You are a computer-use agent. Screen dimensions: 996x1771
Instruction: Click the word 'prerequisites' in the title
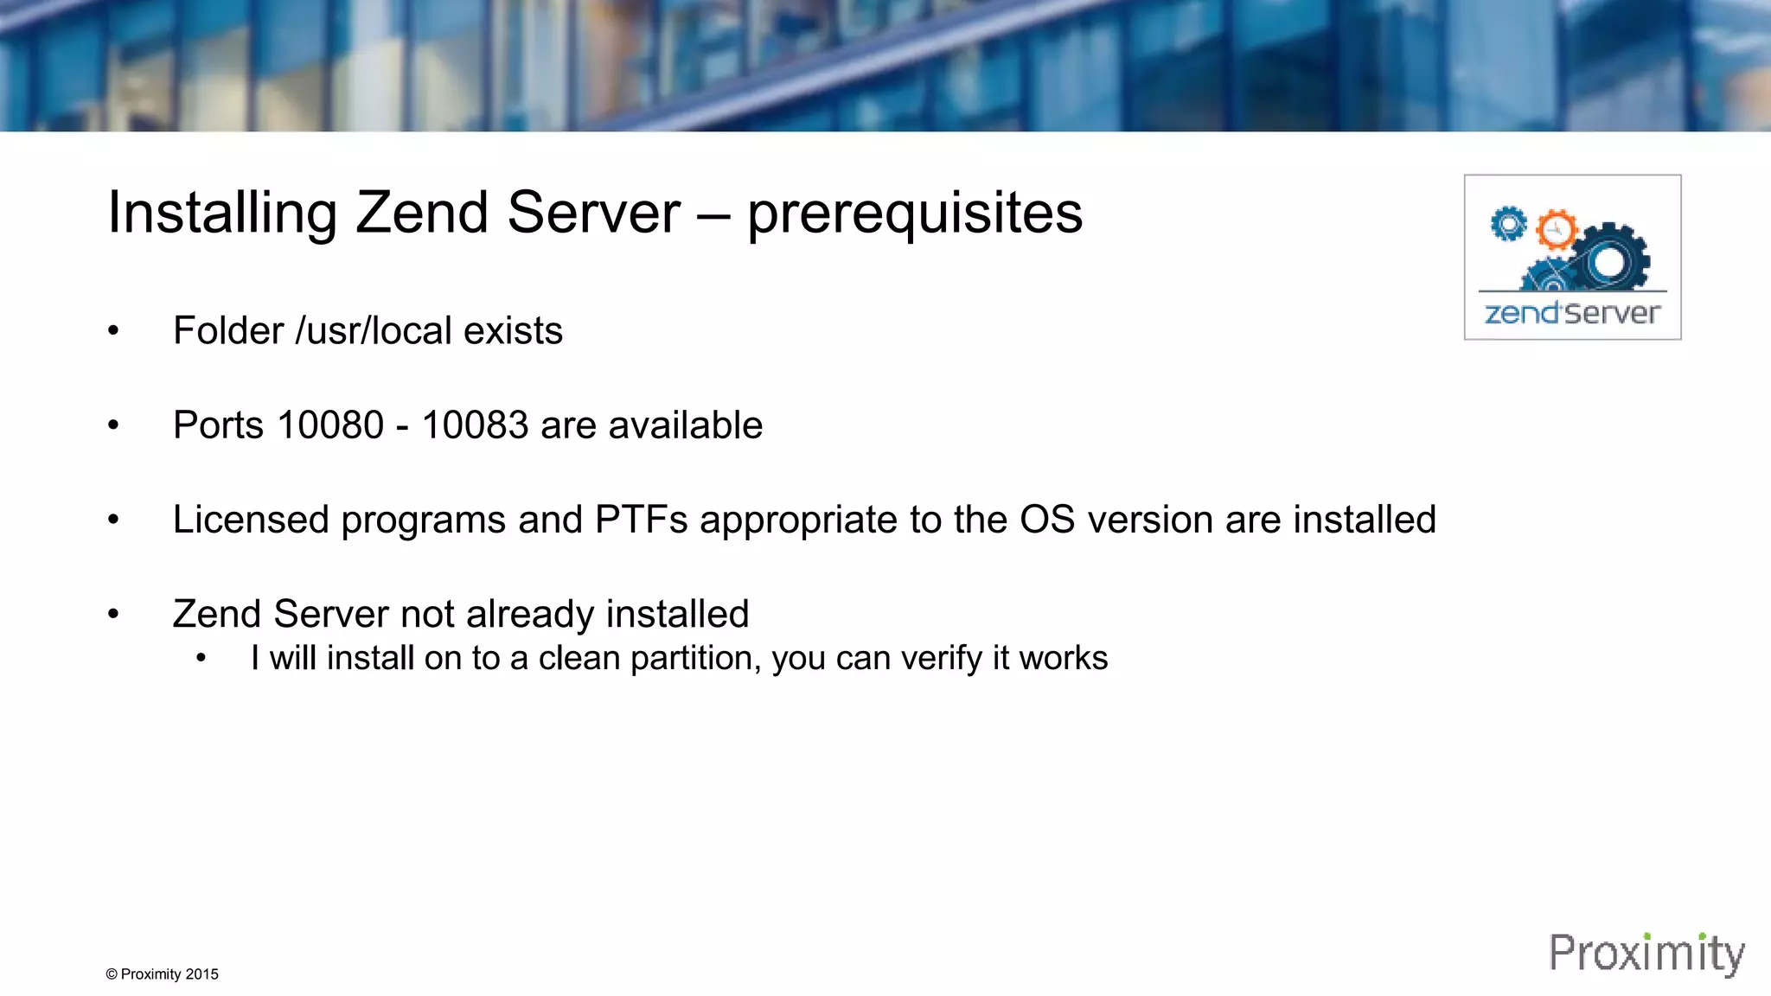point(914,214)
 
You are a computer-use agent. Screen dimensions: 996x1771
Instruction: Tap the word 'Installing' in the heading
point(221,214)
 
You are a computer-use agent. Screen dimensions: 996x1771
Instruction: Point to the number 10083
point(475,425)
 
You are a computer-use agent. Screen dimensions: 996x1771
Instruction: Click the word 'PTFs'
point(641,520)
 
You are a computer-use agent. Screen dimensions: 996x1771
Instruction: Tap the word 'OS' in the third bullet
point(1046,520)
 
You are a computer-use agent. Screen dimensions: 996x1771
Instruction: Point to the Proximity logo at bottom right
point(1646,954)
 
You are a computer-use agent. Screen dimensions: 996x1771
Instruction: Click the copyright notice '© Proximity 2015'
point(162,974)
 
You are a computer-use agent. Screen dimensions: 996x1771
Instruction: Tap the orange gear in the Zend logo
point(1556,230)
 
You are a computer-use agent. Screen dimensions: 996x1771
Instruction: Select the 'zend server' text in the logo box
point(1572,313)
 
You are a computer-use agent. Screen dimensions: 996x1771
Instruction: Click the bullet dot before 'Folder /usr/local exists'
point(113,331)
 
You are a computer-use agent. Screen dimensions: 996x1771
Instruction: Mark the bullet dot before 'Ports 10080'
point(113,425)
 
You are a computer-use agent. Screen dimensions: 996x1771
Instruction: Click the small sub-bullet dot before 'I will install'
point(201,659)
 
